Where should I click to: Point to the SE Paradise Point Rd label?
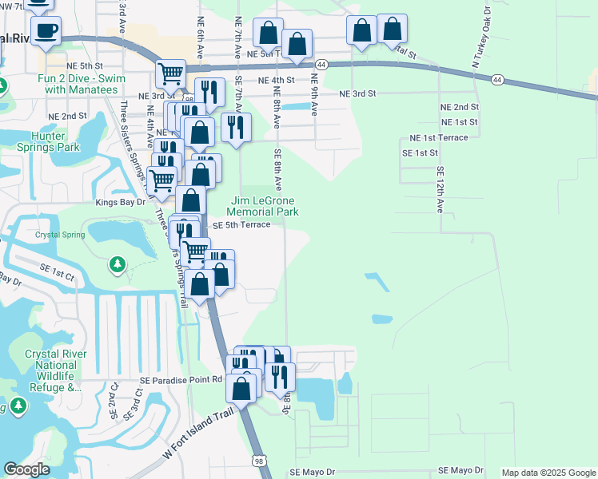pyautogui.click(x=181, y=380)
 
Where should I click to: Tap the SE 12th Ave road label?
pyautogui.click(x=440, y=189)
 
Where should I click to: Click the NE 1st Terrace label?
pyautogui.click(x=438, y=137)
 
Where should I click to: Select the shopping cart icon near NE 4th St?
pyautogui.click(x=171, y=74)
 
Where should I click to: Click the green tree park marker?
pyautogui.click(x=118, y=263)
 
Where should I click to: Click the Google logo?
pyautogui.click(x=26, y=469)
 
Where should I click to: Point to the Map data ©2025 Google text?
pyautogui.click(x=548, y=473)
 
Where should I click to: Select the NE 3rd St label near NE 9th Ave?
pyautogui.click(x=357, y=93)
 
